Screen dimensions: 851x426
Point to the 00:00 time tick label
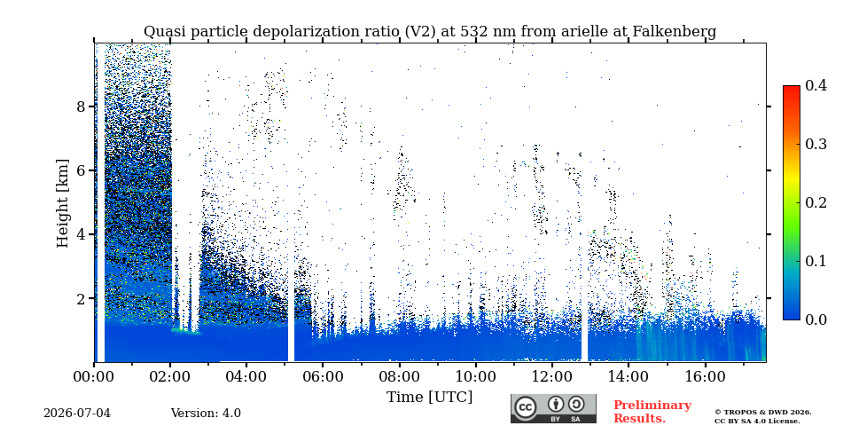(94, 376)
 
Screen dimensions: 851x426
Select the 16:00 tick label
(705, 376)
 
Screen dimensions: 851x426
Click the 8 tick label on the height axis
(82, 106)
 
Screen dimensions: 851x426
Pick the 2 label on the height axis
(82, 298)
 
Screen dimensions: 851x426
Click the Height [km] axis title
(63, 203)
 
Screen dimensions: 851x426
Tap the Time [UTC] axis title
(429, 398)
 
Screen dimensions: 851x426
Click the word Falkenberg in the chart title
(674, 32)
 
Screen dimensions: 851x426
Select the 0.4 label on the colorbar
(816, 85)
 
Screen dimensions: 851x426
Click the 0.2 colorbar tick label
(816, 202)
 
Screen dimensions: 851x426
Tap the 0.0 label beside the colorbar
(816, 319)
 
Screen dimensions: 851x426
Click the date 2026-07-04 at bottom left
(77, 414)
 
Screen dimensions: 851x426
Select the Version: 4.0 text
(206, 414)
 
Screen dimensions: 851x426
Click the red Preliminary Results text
(652, 411)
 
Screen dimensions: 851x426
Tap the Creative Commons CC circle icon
(526, 407)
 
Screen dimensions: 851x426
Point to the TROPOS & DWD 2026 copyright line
(763, 413)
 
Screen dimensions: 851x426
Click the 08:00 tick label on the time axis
(399, 376)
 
